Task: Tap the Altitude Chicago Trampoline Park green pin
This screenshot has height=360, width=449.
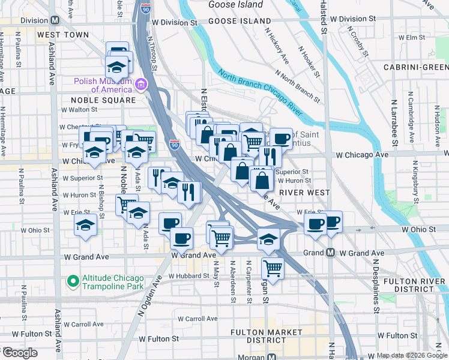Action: point(73,280)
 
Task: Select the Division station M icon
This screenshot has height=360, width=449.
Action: point(55,20)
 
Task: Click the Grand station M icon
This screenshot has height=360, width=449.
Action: point(330,253)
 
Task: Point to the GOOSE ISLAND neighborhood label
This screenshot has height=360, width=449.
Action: point(240,21)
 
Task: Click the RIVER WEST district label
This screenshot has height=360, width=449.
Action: point(304,193)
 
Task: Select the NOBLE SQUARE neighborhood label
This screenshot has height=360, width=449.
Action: point(104,100)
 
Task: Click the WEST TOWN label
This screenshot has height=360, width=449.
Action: point(62,35)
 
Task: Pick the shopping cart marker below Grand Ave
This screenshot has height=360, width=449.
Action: point(273,267)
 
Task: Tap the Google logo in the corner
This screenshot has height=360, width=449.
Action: point(20,353)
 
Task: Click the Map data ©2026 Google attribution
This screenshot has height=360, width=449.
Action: point(411,355)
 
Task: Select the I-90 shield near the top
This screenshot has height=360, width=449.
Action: point(145,8)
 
